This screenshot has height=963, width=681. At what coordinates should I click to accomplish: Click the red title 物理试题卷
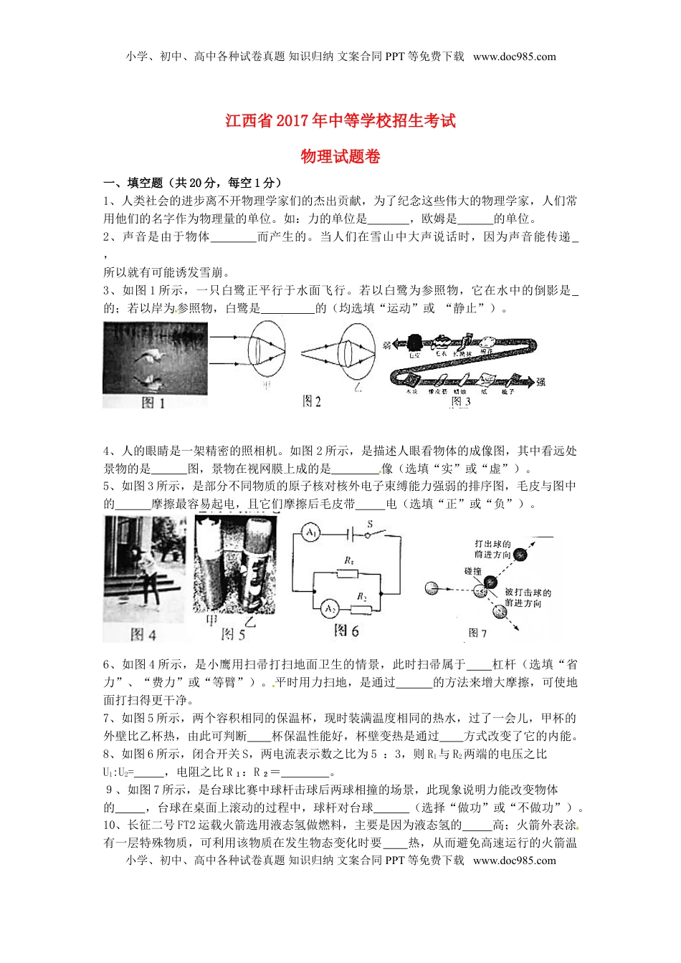click(340, 157)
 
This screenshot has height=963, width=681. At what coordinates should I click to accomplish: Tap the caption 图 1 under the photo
click(153, 403)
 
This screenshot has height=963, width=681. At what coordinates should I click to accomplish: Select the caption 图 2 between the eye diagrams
click(311, 401)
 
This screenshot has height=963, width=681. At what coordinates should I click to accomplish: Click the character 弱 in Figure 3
click(387, 345)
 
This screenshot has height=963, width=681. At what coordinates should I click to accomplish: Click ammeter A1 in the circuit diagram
click(311, 534)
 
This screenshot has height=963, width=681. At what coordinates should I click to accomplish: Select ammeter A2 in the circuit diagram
click(329, 609)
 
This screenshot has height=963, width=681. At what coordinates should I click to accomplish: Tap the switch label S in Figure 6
click(370, 524)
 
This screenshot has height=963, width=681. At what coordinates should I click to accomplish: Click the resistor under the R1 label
click(348, 573)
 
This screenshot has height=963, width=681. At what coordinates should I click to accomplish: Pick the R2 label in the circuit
click(362, 596)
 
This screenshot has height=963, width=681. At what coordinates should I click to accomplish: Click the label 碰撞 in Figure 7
click(472, 571)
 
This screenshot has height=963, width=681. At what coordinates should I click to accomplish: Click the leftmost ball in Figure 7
click(432, 588)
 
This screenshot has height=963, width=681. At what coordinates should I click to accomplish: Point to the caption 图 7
click(477, 633)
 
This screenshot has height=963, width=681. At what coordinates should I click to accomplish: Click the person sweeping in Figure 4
click(148, 573)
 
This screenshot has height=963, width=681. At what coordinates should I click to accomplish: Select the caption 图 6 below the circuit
click(346, 631)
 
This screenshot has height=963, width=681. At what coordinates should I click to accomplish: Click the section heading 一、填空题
click(133, 183)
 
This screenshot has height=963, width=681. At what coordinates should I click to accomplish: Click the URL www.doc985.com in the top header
click(514, 57)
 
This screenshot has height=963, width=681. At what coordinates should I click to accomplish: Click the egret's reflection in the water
click(153, 379)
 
